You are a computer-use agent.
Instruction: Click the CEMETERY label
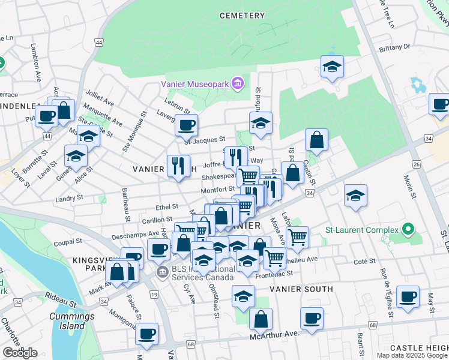point(242,15)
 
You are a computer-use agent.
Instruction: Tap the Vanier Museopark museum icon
point(238,83)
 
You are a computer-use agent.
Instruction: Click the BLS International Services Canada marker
point(162,272)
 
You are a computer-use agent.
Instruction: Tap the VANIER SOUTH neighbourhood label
point(301,289)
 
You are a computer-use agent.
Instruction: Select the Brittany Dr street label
point(394,46)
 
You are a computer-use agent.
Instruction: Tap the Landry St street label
point(69,198)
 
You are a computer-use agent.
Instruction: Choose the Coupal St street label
point(67,242)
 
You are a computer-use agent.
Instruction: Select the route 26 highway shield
point(415,164)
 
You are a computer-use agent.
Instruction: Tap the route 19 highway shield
point(154,295)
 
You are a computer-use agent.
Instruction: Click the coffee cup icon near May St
point(408,297)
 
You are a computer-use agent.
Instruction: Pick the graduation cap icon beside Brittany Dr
point(331,67)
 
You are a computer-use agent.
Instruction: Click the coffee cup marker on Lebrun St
point(186,125)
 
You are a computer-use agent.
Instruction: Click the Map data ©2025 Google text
point(412,355)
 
